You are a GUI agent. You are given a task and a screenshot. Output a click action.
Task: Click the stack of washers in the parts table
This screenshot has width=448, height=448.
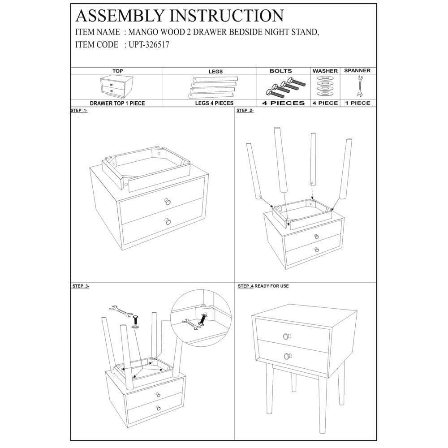click(325, 86)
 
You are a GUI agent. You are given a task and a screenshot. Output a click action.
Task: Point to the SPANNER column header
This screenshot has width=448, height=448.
click(357, 71)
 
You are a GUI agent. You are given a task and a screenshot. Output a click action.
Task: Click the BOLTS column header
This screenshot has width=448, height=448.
click(280, 71)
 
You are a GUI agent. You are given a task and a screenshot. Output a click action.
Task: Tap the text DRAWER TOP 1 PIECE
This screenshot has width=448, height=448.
click(117, 103)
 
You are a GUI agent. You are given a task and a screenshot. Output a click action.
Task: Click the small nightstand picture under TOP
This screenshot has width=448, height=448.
click(112, 87)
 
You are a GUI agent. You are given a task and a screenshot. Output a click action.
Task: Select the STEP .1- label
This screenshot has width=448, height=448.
click(79, 110)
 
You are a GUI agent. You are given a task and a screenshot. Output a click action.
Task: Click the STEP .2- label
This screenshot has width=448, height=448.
click(245, 110)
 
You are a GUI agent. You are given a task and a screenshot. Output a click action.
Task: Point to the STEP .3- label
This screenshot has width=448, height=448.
click(81, 286)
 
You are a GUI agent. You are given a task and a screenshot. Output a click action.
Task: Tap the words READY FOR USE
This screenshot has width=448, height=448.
click(272, 286)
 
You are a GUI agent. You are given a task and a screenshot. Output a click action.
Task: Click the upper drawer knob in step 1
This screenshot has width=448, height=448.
click(167, 202)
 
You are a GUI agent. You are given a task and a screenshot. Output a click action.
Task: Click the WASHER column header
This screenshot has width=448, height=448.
click(325, 71)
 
